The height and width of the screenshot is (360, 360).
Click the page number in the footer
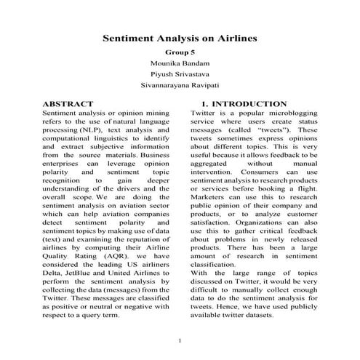180,341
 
